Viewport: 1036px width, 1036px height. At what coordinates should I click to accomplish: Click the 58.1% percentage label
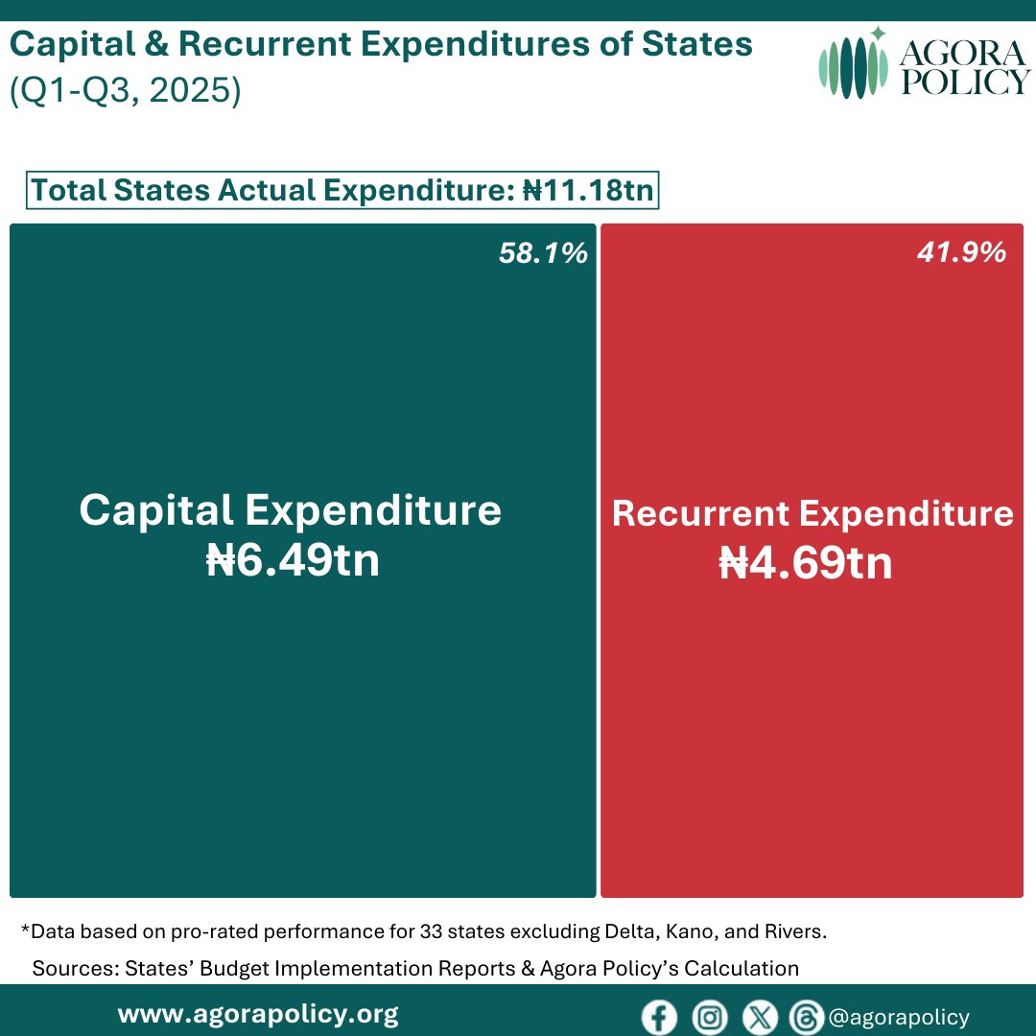click(542, 253)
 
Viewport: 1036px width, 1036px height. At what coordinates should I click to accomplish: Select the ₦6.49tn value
click(294, 561)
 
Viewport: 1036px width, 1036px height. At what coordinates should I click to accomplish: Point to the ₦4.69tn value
click(806, 564)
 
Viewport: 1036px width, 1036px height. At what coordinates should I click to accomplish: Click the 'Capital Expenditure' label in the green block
click(290, 510)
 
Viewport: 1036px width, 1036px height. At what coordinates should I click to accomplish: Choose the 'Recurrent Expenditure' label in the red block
click(812, 514)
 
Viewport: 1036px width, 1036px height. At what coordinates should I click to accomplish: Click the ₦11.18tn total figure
click(587, 191)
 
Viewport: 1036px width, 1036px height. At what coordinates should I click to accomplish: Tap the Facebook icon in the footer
click(659, 1018)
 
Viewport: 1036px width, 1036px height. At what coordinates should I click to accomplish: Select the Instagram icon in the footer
click(710, 1018)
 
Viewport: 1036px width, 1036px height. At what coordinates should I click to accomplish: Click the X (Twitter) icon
click(760, 1018)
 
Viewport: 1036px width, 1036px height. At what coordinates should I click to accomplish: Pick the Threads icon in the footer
click(803, 1018)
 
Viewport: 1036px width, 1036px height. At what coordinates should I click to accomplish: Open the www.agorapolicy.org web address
click(258, 1014)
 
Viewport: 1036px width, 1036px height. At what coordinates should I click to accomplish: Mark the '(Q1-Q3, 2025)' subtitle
click(125, 92)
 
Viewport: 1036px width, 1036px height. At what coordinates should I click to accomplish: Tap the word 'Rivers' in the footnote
click(798, 931)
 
